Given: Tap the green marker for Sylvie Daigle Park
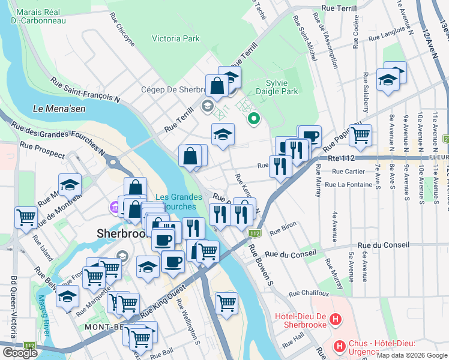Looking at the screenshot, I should (x=253, y=118).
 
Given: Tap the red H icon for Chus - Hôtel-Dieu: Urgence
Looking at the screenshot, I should (x=340, y=346).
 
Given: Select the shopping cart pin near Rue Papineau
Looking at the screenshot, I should (x=360, y=136).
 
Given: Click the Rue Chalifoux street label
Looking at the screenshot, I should (x=309, y=294).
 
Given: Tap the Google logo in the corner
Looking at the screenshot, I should (x=20, y=353).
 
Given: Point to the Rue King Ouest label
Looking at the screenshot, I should (x=161, y=307).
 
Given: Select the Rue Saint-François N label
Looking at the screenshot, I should (x=85, y=89).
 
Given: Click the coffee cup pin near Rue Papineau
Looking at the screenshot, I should (x=310, y=136).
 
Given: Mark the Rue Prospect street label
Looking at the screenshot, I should (x=42, y=150).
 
